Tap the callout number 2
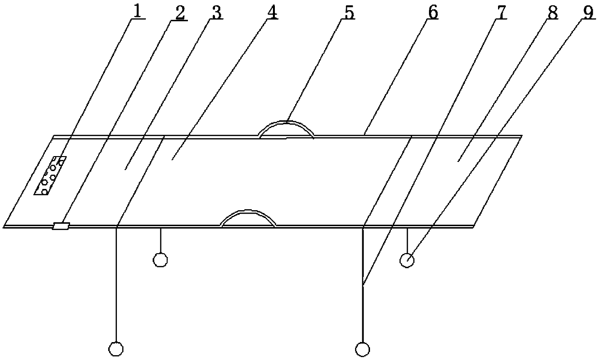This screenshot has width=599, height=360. point(179,13)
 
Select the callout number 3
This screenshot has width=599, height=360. point(216,13)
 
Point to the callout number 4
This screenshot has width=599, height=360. point(272,13)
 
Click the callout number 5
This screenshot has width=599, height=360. point(348,13)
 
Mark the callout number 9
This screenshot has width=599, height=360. point(588,13)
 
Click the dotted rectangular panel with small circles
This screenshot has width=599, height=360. point(50,175)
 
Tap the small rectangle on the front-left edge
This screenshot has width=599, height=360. point(61,226)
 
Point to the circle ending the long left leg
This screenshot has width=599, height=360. point(116,348)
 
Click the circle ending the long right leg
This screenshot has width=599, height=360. point(362,348)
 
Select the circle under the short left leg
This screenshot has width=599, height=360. point(160,260)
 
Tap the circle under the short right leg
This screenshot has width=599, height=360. point(407,260)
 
